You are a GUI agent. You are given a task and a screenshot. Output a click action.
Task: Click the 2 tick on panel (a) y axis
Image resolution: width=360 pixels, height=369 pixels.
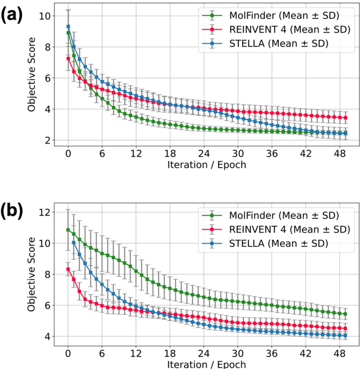pyautogui.click(x=48, y=140)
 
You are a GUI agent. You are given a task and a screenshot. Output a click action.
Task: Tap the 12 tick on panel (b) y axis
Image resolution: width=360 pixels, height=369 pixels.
pyautogui.click(x=46, y=212)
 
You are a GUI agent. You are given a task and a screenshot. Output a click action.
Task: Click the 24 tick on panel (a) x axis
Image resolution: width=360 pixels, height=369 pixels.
pyautogui.click(x=203, y=153)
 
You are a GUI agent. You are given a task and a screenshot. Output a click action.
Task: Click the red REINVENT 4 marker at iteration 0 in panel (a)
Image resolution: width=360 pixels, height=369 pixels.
pyautogui.click(x=68, y=58)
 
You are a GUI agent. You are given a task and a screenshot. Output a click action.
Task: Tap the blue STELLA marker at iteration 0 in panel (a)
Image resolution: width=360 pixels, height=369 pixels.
pyautogui.click(x=68, y=26)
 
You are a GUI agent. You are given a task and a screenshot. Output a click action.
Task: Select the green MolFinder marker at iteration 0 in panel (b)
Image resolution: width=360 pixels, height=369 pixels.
pyautogui.click(x=68, y=230)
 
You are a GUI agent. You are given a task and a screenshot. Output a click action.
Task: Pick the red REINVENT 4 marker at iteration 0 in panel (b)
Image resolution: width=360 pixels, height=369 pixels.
pyautogui.click(x=68, y=269)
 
